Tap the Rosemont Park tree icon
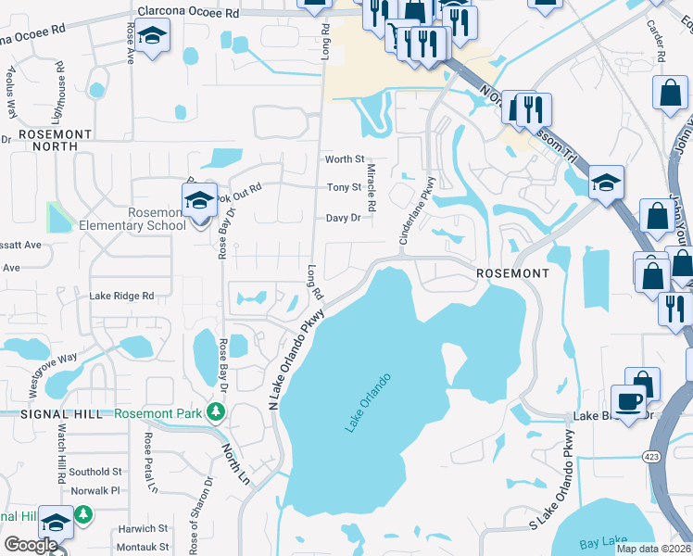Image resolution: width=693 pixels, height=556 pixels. point(217,411)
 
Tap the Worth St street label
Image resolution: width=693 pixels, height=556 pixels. point(344,160)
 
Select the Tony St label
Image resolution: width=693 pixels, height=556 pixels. point(344,187)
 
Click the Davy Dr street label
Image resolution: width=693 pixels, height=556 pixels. point(342,219)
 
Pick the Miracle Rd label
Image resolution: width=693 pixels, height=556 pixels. point(371,188)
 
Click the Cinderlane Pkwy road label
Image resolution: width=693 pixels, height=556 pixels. point(417,211)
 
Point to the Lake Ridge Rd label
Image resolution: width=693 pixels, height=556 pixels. point(121,296)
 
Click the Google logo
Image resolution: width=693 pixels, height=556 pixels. point(31,545)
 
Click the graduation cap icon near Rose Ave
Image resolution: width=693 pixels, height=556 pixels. point(153,38)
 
